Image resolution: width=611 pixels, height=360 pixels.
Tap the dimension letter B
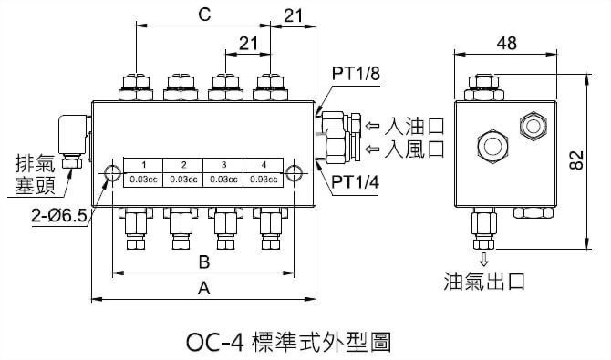[204, 262]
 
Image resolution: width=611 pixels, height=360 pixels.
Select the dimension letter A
[204, 289]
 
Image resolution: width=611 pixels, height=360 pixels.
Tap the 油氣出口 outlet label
[484, 280]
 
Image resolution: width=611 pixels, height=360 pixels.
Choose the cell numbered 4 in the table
[264, 164]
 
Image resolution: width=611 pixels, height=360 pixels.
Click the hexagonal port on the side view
[530, 124]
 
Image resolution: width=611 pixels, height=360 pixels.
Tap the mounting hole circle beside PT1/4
[294, 172]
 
